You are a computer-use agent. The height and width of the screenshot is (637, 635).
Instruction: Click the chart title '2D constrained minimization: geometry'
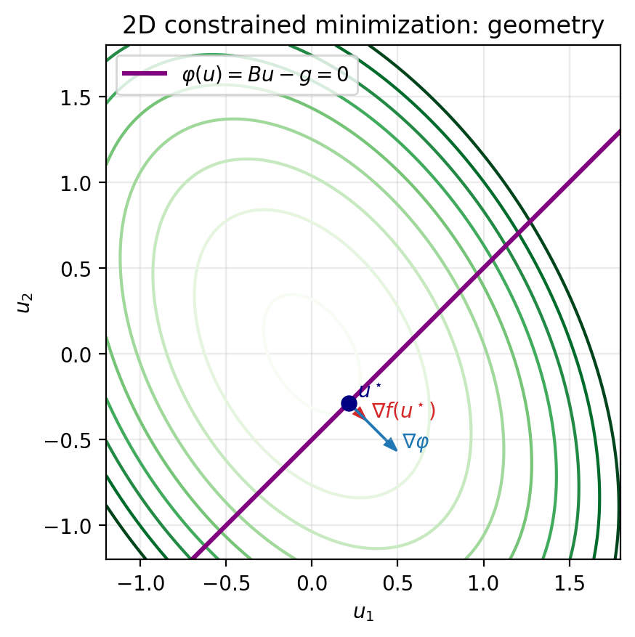tap(363, 26)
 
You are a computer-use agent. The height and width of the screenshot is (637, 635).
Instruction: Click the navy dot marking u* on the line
tap(349, 403)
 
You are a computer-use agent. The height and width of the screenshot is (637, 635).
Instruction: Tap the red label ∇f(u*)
tap(403, 411)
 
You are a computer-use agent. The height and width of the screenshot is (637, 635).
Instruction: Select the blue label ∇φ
tap(416, 442)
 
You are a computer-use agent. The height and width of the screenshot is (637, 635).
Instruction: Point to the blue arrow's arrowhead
tap(392, 446)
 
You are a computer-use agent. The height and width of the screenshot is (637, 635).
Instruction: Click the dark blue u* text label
tap(370, 391)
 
